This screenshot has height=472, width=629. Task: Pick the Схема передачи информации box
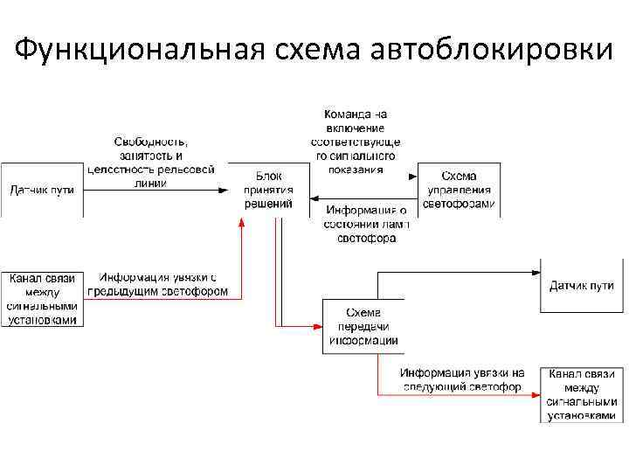363,326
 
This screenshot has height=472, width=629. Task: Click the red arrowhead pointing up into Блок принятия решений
243,219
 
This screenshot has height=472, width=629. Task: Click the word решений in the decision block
268,204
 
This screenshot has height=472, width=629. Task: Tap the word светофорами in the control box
459,204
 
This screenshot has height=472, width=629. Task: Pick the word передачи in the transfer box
363,327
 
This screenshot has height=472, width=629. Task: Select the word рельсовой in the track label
186,170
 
